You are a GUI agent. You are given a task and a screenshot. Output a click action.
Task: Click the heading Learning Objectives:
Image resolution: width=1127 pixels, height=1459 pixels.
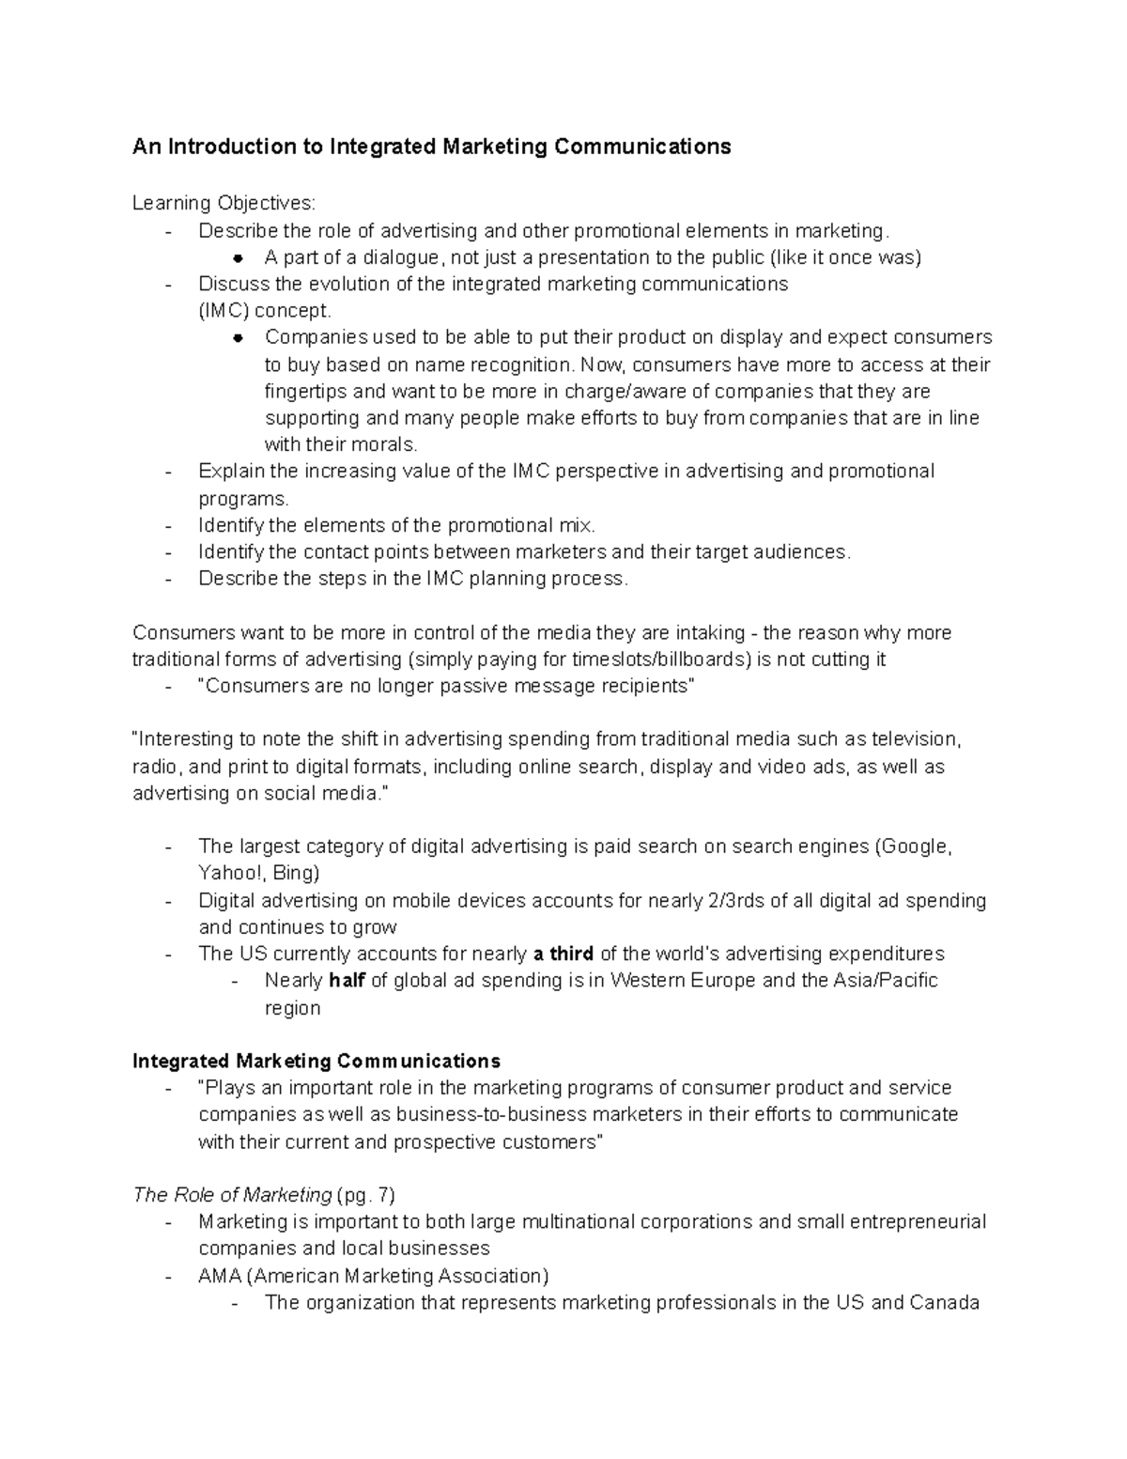pyautogui.click(x=224, y=203)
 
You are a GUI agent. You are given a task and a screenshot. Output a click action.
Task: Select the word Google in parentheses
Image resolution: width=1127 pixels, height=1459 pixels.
pyautogui.click(x=916, y=846)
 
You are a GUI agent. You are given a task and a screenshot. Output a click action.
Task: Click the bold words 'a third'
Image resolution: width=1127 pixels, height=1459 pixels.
pyautogui.click(x=563, y=954)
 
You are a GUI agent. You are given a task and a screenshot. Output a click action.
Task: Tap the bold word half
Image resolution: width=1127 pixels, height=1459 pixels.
pyautogui.click(x=347, y=981)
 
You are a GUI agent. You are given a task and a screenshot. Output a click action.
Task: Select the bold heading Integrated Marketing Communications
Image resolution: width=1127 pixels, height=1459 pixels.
pyautogui.click(x=316, y=1061)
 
